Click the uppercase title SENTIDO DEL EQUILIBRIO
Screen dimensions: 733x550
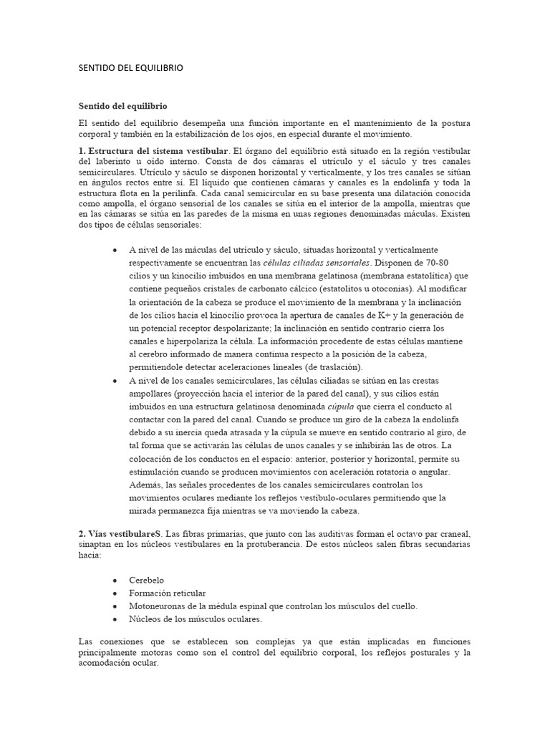click(x=130, y=68)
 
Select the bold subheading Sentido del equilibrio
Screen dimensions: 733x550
click(x=122, y=106)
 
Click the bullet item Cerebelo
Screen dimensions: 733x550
click(x=148, y=580)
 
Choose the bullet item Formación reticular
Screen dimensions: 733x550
click(x=168, y=593)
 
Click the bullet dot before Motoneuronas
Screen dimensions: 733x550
click(x=115, y=606)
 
